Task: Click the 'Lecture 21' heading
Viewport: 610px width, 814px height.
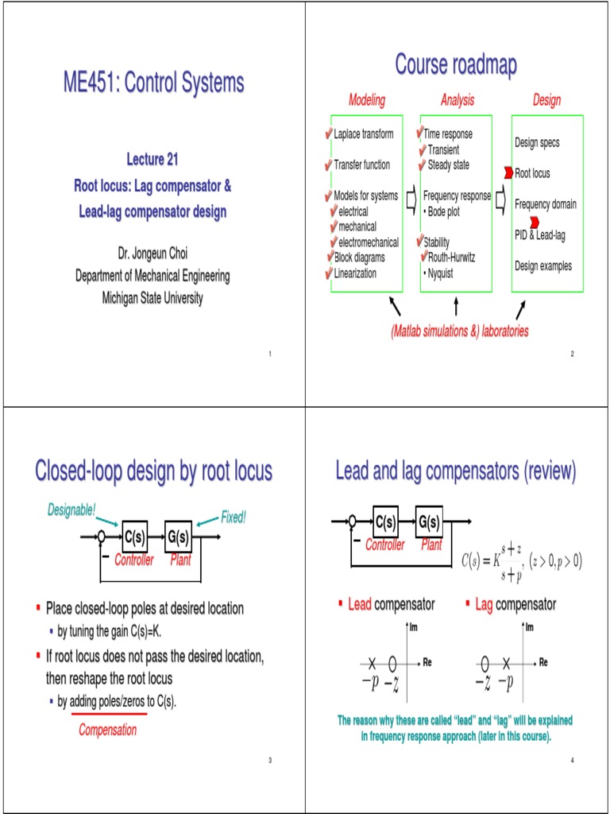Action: (152, 160)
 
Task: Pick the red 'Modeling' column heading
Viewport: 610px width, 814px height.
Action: (367, 100)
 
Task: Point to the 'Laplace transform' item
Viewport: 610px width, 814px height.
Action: (363, 134)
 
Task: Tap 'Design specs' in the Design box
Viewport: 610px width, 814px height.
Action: (537, 142)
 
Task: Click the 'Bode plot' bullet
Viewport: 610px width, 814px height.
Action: (449, 211)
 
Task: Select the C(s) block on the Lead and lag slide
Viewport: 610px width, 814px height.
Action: (386, 521)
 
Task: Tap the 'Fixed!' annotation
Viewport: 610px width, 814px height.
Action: (234, 517)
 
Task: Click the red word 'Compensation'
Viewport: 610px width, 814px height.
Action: (108, 730)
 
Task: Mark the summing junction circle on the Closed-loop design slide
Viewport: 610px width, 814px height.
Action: (102, 537)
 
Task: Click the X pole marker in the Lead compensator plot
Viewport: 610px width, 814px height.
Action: (372, 662)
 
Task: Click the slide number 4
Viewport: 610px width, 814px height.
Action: (571, 761)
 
